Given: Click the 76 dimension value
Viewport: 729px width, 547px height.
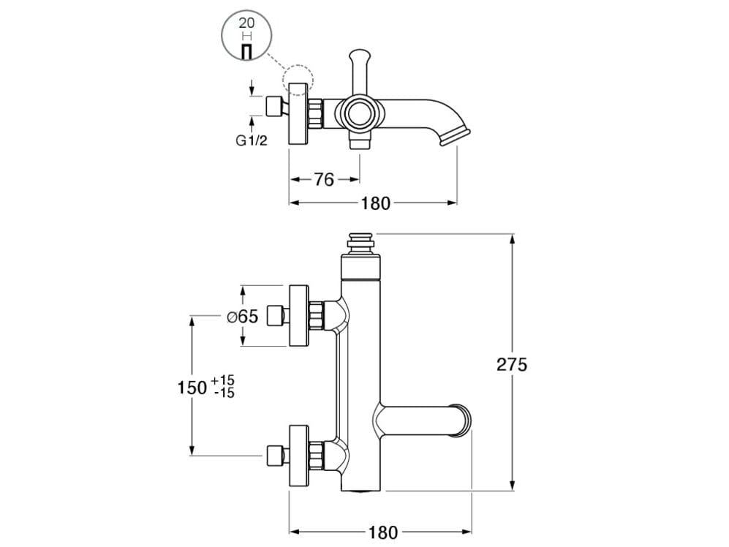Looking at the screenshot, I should pyautogui.click(x=324, y=179).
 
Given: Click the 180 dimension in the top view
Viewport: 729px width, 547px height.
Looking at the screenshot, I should pyautogui.click(x=376, y=203).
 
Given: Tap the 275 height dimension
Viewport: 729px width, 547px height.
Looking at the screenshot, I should pyautogui.click(x=512, y=364).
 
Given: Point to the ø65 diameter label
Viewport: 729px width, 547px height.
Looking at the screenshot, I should pyautogui.click(x=243, y=317).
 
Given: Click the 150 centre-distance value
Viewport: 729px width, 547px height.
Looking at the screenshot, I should pyautogui.click(x=192, y=387).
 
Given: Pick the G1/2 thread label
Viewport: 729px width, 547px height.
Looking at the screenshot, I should pyautogui.click(x=252, y=141).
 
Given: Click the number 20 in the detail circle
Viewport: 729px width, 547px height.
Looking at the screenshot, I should pyautogui.click(x=246, y=23).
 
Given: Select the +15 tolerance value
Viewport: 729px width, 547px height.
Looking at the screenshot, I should pyautogui.click(x=222, y=380).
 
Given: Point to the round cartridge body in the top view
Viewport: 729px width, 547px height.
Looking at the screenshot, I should pyautogui.click(x=359, y=113).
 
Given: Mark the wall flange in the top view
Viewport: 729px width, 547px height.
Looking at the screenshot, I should pyautogui.click(x=298, y=113).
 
